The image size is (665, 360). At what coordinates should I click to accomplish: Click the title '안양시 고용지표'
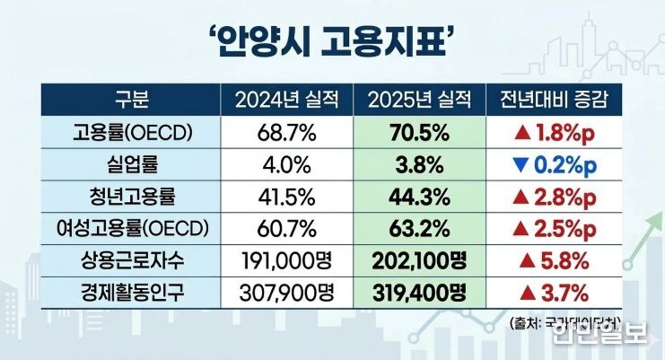[332, 40]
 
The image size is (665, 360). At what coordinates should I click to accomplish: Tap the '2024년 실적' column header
[286, 99]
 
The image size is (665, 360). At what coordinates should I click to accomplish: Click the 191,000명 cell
[286, 261]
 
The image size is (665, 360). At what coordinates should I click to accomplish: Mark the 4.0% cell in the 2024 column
[286, 164]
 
